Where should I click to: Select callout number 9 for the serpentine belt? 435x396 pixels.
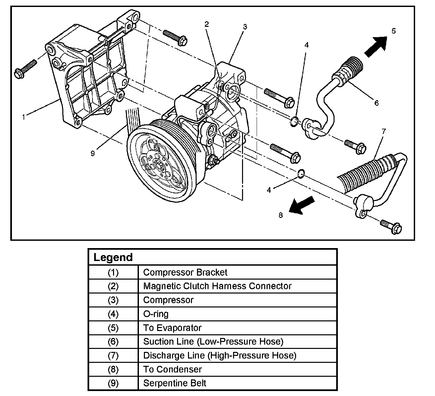pos(93,153)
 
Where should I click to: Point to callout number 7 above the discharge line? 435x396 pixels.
pos(384,131)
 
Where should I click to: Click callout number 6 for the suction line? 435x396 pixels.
pos(376,103)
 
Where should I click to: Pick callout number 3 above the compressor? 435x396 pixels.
pos(245,27)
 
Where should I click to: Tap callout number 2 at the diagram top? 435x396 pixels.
pos(207,24)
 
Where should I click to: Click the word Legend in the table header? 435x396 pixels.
pos(113,257)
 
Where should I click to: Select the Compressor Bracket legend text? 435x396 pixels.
pos(185,272)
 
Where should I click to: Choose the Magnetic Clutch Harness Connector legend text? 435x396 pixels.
pos(217,286)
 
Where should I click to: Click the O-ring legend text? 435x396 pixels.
pos(156,314)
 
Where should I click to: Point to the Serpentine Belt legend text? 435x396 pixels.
pos(174,383)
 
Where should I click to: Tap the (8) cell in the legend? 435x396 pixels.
pos(113,369)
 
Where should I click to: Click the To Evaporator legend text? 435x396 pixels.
pos(172,328)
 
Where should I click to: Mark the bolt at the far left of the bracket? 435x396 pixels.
pos(25,68)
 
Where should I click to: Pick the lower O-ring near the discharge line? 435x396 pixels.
pos(300,173)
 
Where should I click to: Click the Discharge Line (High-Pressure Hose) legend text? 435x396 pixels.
pos(219,355)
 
